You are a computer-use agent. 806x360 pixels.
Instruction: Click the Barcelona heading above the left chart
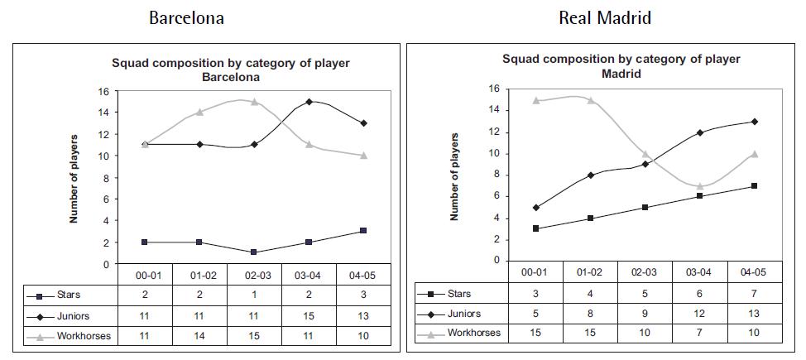[186, 17]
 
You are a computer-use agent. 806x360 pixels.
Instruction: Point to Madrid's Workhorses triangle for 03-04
[699, 185]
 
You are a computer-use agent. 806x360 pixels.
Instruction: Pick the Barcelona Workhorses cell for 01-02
[199, 337]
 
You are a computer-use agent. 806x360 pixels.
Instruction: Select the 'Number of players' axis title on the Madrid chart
[454, 175]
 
